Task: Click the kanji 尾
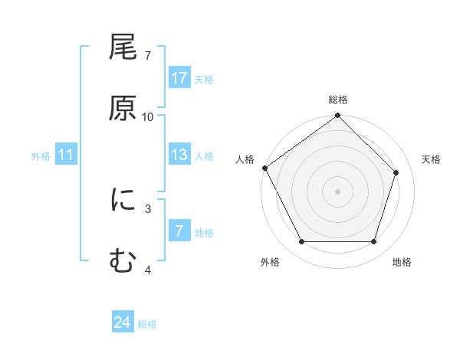coord(123,48)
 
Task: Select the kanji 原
coord(123,108)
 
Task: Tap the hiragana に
coord(123,200)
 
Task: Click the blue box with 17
coord(179,78)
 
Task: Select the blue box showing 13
coord(179,155)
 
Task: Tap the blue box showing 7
coord(179,232)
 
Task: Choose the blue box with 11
coord(66,155)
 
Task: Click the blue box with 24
coord(123,323)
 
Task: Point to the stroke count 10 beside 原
coord(148,117)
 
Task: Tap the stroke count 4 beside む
coord(148,270)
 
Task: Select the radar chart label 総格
coord(338,100)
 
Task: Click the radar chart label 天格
coord(432,159)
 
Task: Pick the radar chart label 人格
coord(245,159)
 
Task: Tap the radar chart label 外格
coord(270,263)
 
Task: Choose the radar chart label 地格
coord(402,263)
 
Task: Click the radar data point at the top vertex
coord(338,116)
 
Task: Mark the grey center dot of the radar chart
coord(338,191)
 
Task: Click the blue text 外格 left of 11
coord(41,156)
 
